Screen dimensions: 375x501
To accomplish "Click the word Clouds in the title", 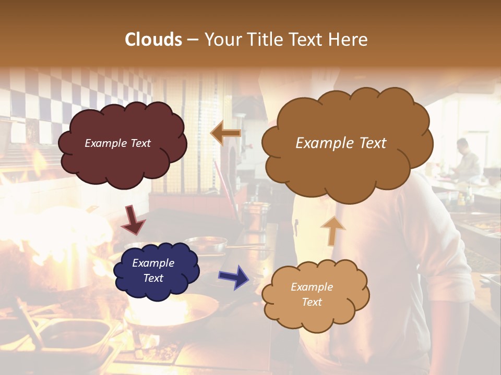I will [153, 40].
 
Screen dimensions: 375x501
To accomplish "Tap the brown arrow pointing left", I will [225, 133].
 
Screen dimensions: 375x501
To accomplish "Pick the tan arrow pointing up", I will [332, 231].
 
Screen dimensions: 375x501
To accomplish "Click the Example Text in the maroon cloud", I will [118, 143].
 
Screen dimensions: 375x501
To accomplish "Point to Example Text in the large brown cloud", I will [341, 143].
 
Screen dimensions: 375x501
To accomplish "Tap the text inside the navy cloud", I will [153, 270].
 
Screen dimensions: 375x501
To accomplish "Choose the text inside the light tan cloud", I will [312, 294].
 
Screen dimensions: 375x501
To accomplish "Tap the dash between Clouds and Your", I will [193, 40].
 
